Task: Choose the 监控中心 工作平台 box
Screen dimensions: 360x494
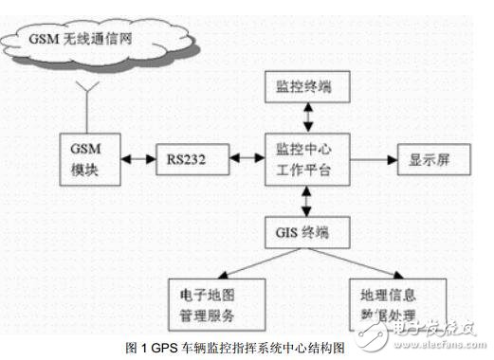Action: (x=307, y=158)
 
